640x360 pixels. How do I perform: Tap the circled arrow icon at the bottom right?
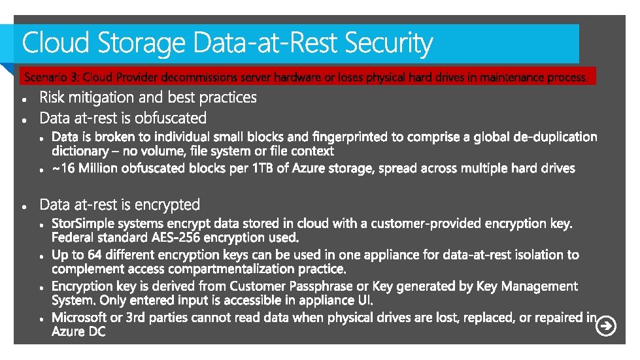coord(606,325)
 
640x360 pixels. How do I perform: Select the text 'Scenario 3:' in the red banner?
coord(52,78)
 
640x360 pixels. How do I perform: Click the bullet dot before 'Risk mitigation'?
coord(24,100)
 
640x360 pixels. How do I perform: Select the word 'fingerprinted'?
coord(350,137)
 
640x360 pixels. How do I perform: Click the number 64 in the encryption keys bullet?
coord(97,255)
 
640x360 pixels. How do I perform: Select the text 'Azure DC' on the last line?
coord(78,331)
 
